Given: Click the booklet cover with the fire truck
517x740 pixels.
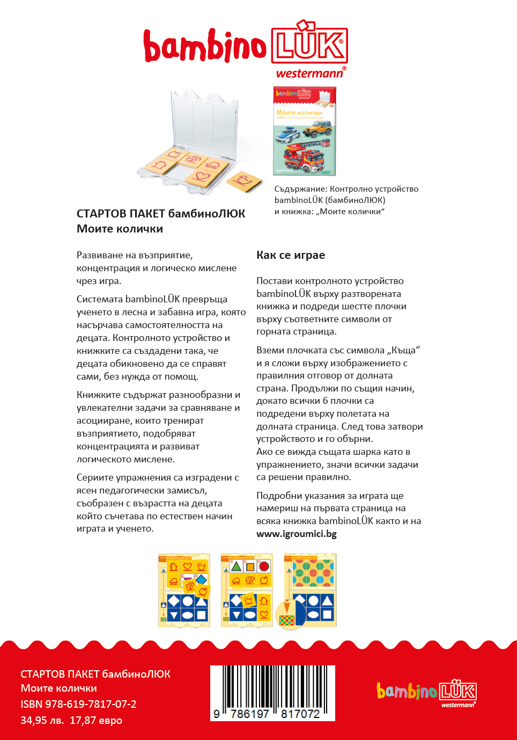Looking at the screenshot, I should click(304, 132).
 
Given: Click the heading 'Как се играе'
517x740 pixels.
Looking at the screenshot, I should click(291, 255).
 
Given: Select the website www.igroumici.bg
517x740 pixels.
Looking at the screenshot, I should click(297, 534).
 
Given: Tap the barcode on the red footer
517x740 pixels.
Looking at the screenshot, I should click(272, 693).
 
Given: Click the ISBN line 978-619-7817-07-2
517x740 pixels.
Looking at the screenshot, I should click(78, 704).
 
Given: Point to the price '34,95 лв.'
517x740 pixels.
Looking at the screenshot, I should click(42, 720).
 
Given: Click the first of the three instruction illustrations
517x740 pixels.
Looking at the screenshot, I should click(184, 590).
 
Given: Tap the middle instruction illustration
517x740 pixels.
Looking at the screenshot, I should click(247, 590).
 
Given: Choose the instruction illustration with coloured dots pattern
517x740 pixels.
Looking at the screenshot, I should click(310, 590).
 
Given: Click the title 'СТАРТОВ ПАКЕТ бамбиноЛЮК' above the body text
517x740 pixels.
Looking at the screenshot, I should click(161, 214).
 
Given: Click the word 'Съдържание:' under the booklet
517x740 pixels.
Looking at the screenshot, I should click(300, 189).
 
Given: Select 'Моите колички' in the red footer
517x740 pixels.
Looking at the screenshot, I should click(59, 688).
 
